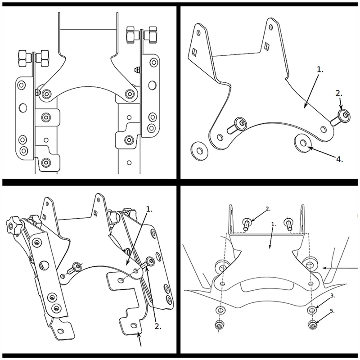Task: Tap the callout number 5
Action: coord(333,311)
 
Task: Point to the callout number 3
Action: coord(332,296)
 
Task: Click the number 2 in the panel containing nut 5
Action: coord(268,208)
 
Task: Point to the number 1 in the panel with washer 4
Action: coord(320,70)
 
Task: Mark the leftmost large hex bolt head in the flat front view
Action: coord(23,58)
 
